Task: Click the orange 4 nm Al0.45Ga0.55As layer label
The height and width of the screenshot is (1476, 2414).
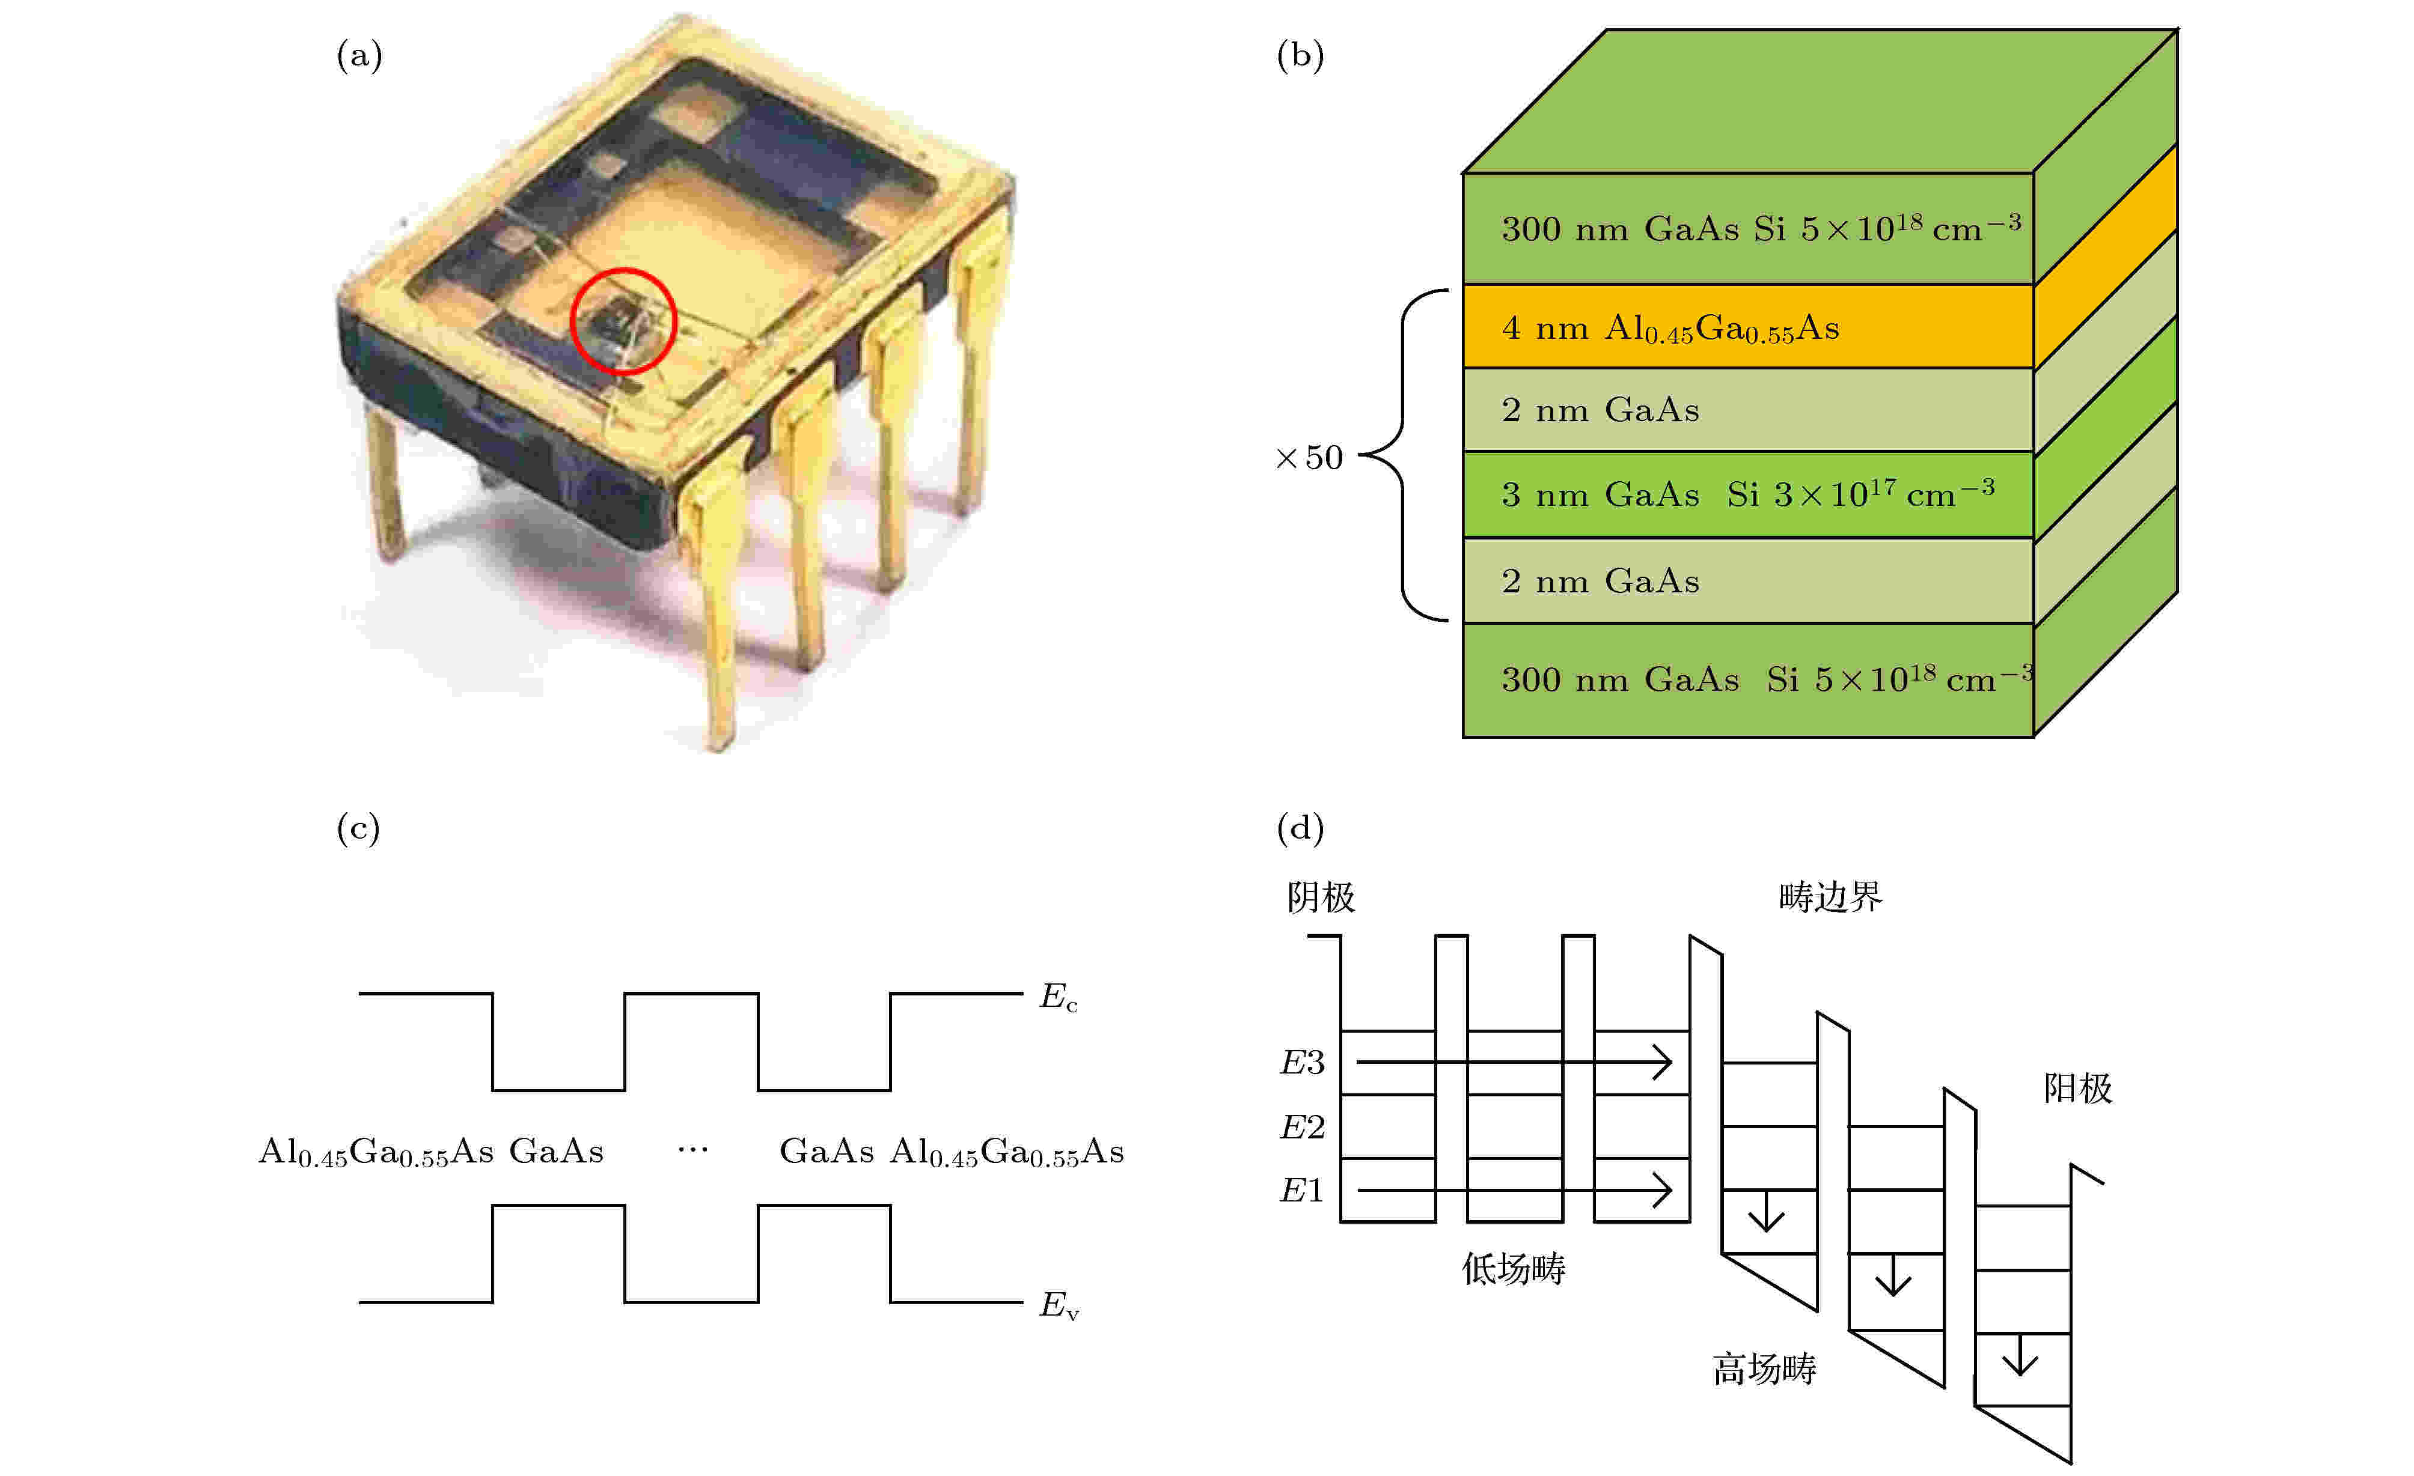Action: click(x=1670, y=328)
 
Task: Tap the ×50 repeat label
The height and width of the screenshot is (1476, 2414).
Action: click(x=1309, y=457)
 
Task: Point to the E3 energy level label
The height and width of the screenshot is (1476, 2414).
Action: click(x=1302, y=1063)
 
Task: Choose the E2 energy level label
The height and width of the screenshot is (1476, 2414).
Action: click(x=1302, y=1128)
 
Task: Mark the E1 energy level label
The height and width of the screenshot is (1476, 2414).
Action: click(x=1302, y=1191)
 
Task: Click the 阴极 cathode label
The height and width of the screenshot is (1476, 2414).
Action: click(x=1321, y=897)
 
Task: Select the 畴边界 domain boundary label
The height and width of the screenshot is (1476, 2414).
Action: click(x=1830, y=897)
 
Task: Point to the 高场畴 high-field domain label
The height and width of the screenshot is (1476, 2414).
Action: click(x=1764, y=1369)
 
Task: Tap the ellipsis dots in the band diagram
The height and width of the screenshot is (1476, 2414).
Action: click(x=692, y=1150)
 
